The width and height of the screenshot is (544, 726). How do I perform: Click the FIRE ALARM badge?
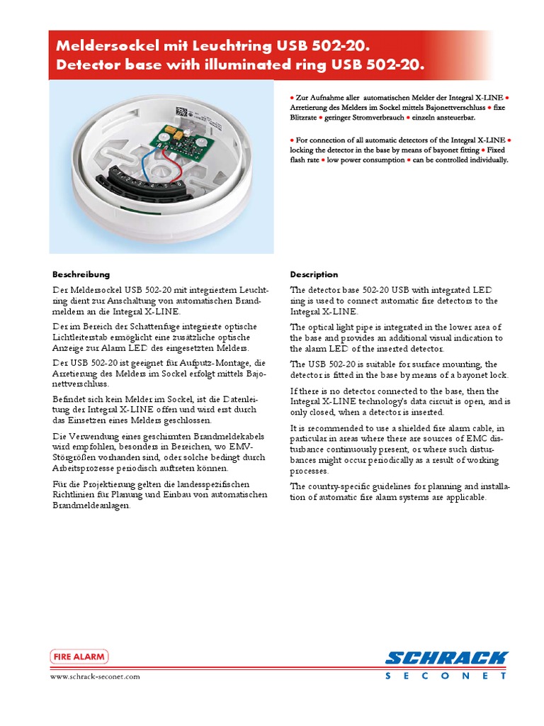79,657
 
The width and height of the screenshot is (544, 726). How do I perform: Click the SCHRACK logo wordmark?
446,658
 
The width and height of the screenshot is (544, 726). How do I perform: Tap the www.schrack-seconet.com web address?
95,676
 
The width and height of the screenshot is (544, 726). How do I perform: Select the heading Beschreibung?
81,274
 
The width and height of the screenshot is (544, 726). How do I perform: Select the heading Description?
314,274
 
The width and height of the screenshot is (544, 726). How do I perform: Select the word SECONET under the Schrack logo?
446,676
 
